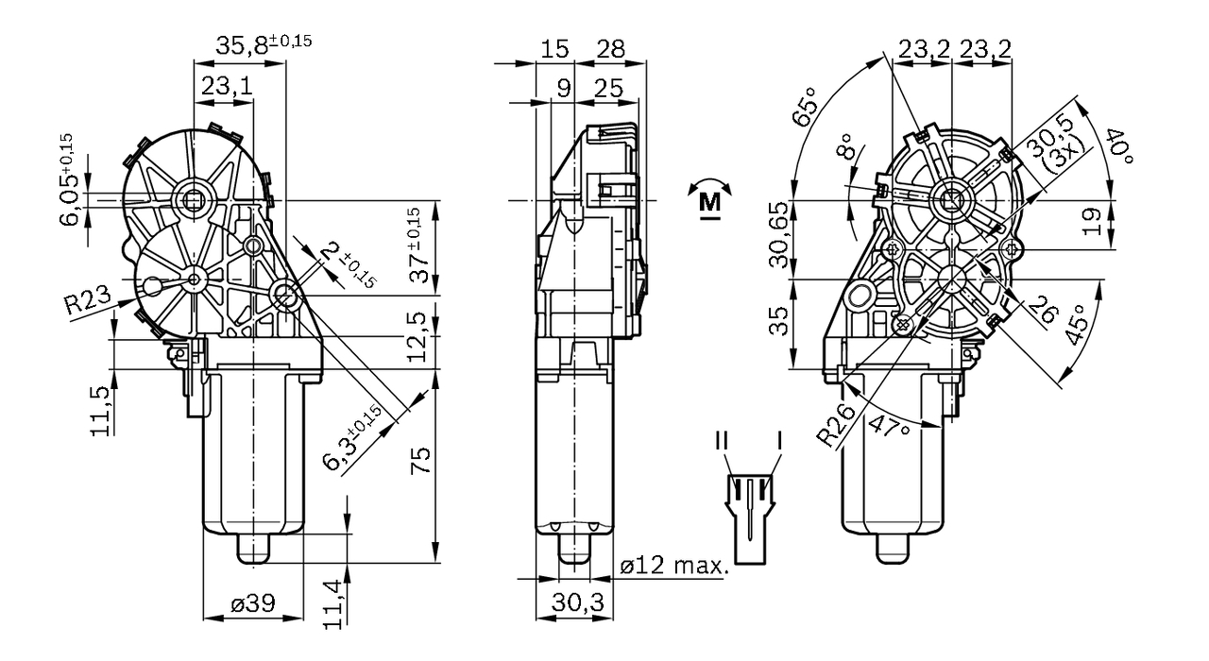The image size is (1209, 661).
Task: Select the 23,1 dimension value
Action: click(x=226, y=86)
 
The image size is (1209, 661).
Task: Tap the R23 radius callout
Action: click(x=87, y=304)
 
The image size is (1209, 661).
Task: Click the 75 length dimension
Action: click(x=421, y=460)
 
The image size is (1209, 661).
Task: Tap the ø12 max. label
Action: click(x=674, y=567)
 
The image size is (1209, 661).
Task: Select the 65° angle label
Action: click(x=804, y=110)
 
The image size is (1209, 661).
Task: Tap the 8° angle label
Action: click(x=843, y=148)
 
